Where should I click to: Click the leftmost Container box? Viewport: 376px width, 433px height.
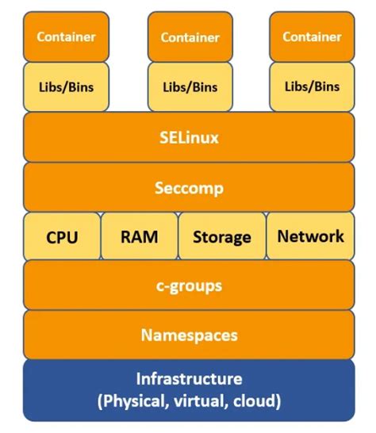[x=67, y=36]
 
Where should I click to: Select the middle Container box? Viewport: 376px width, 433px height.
[x=190, y=36]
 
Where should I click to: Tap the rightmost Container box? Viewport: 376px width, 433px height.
[x=313, y=36]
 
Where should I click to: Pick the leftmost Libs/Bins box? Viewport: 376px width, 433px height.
[x=67, y=86]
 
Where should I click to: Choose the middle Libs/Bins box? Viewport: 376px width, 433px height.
[x=190, y=86]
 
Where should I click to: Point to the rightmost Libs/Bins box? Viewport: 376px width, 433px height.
[x=313, y=86]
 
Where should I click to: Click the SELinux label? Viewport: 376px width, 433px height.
[x=190, y=137]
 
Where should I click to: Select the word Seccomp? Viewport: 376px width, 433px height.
[x=190, y=188]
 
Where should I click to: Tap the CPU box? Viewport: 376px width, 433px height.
[x=62, y=236]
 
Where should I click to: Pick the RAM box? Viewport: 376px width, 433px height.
[x=140, y=236]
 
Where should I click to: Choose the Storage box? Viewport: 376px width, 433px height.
[x=222, y=236]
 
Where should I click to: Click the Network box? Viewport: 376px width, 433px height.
[x=311, y=236]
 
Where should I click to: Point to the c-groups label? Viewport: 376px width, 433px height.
[x=190, y=285]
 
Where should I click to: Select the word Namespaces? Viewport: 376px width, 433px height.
[x=190, y=335]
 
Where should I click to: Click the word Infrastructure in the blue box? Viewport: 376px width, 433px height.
[x=190, y=378]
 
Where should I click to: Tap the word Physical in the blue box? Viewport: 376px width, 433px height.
[x=134, y=401]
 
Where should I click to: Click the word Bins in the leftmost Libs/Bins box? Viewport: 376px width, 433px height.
[x=81, y=87]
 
